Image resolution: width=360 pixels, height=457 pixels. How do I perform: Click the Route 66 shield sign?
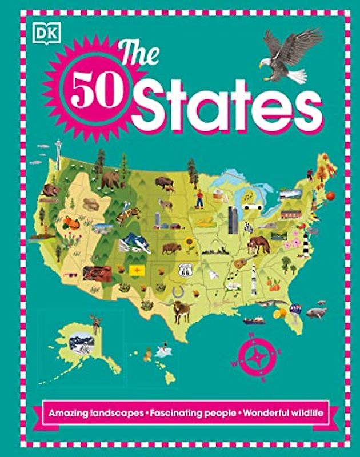[x=185, y=269]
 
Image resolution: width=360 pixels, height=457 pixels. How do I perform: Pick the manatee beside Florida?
[x=316, y=312]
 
